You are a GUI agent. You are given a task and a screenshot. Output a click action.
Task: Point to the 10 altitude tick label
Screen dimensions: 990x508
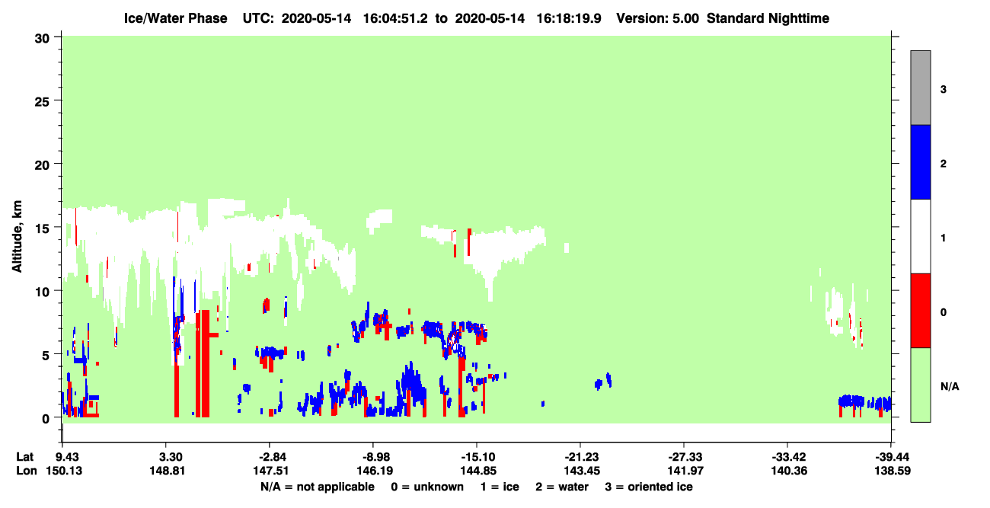(x=42, y=292)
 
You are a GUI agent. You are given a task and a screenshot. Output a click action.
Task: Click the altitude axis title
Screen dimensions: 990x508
(x=17, y=236)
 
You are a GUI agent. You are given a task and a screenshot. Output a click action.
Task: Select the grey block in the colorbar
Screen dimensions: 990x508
(x=920, y=88)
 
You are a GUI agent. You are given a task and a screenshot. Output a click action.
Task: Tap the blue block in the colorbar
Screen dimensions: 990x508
(x=920, y=161)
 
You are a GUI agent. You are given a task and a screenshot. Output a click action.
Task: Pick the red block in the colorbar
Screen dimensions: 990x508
(x=920, y=311)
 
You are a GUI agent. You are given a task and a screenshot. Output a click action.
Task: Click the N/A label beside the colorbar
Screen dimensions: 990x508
(x=950, y=387)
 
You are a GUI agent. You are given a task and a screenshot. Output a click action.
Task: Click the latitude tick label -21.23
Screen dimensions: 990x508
(x=581, y=457)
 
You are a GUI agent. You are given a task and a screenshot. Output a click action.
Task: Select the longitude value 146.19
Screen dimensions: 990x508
(x=375, y=471)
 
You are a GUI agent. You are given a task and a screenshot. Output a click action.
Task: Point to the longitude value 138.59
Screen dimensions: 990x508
(x=892, y=471)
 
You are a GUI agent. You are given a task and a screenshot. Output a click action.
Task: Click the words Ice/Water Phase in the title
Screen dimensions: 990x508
(x=175, y=18)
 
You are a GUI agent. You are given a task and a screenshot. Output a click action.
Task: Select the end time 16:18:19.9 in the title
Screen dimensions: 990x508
(x=569, y=18)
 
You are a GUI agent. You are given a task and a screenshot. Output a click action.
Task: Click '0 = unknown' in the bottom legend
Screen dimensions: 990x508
(x=427, y=487)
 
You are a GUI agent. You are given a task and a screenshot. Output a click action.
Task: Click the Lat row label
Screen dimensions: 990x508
(x=24, y=457)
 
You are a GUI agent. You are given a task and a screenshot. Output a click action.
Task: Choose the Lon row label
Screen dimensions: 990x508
(x=27, y=471)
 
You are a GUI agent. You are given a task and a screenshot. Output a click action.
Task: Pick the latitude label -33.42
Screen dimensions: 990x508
(x=789, y=457)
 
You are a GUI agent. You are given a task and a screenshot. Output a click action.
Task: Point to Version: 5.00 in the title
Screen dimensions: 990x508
(x=658, y=18)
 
